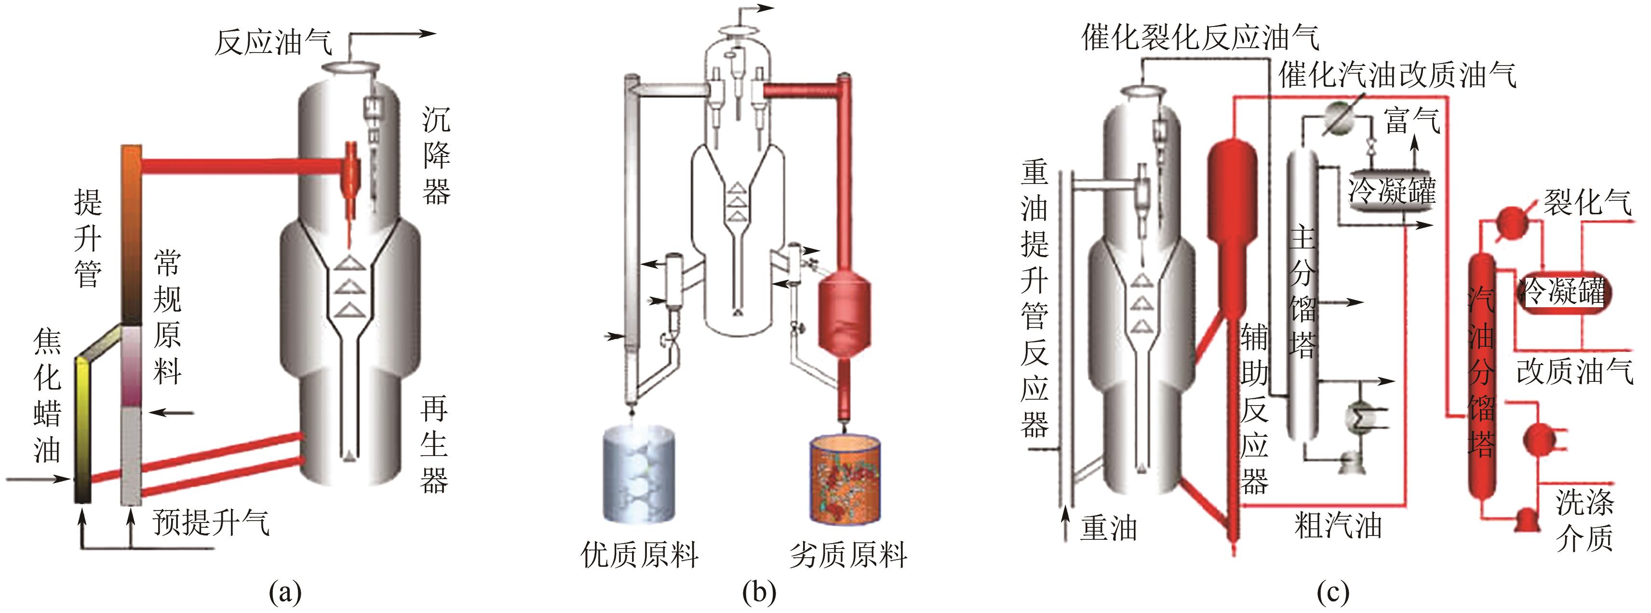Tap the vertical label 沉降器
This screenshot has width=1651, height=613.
pos(436,156)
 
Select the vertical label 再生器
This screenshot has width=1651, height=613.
pos(434,444)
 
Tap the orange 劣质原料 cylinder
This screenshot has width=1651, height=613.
pos(846,477)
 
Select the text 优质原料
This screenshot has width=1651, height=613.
pos(639,554)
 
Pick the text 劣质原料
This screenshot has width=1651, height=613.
pos(848,554)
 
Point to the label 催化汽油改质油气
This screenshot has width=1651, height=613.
pos(1397,76)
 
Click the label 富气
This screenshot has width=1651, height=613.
pos(1412,120)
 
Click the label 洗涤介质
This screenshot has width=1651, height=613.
pos(1584,520)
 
